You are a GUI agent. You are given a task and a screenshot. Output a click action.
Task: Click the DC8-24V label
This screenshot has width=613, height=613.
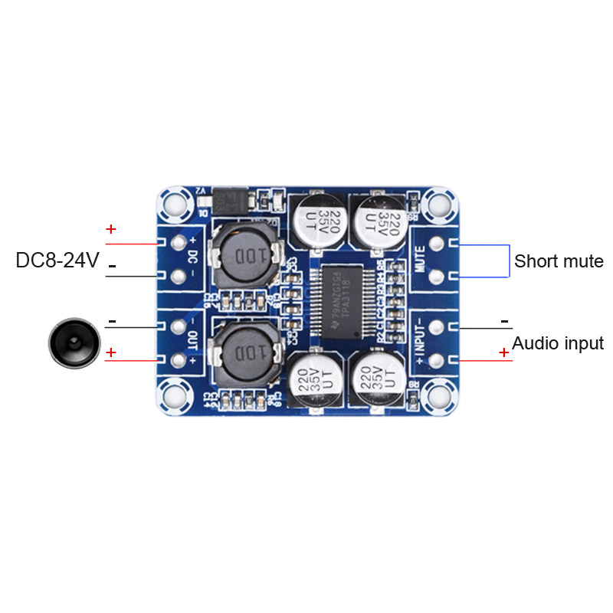tap(57, 261)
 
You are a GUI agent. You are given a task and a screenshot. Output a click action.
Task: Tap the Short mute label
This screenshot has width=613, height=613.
tap(559, 261)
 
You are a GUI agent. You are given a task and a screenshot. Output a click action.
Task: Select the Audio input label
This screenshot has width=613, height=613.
tap(558, 343)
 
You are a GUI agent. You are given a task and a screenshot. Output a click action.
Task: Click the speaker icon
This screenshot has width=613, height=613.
tap(74, 343)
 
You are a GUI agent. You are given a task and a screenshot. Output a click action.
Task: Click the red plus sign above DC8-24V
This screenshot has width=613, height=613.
tap(111, 229)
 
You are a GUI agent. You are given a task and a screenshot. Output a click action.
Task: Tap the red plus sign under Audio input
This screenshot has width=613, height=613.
tap(503, 352)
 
